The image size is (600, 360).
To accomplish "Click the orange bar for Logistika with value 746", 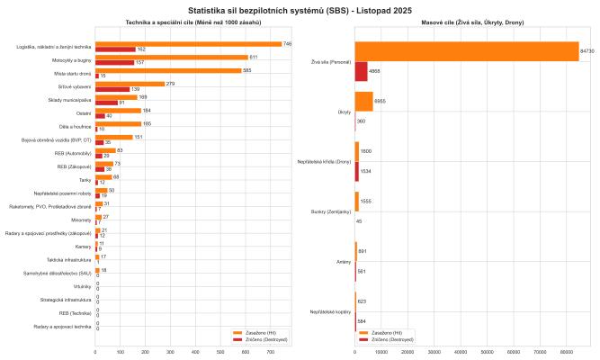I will (188, 43).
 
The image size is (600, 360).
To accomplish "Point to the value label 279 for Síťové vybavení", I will (170, 83).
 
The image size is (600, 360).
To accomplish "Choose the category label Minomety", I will (80, 219).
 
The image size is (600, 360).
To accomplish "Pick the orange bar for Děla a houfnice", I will (118, 123).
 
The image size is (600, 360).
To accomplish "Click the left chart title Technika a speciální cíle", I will (188, 22).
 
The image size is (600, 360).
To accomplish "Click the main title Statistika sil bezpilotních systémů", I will (300, 8).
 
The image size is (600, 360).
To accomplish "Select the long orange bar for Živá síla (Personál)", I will (467, 51).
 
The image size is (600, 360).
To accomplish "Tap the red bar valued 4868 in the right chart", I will (362, 71).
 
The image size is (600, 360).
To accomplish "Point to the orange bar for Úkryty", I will (363, 100).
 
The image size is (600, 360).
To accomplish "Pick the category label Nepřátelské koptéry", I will (330, 311).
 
